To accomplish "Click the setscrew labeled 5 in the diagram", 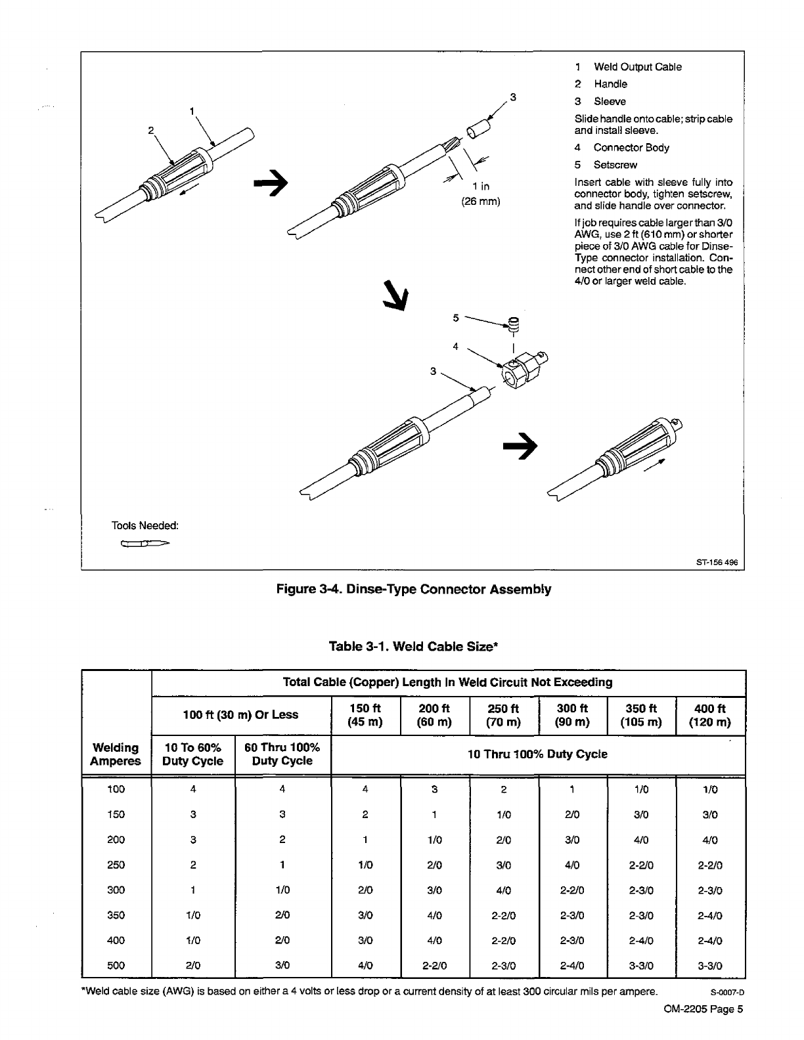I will tap(514, 324).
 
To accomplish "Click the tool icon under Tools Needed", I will tap(145, 544).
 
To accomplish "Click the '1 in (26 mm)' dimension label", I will tap(481, 194).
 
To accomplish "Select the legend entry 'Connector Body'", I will tap(631, 148).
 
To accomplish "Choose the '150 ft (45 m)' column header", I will tap(365, 715).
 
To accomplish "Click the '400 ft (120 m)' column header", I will tap(710, 715).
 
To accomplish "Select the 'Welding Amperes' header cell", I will tap(116, 754).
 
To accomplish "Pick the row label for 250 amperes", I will tap(116, 865).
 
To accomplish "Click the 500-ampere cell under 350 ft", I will tap(641, 965).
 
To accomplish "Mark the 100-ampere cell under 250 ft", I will tap(504, 789).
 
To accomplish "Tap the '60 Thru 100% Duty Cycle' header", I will tap(282, 754).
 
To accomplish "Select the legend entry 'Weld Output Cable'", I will tap(637, 67).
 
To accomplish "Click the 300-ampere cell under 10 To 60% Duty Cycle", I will tap(193, 890).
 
